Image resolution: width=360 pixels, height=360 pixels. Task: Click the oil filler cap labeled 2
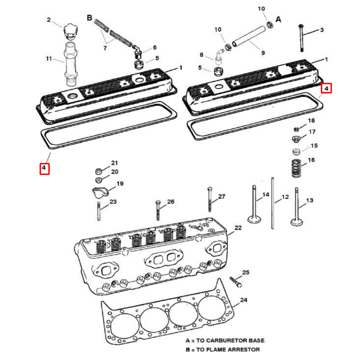click(70, 31)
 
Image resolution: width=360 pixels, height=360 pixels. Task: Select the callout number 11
click(49, 58)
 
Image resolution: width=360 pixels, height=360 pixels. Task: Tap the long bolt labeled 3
click(301, 38)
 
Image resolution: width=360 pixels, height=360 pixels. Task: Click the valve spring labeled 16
click(296, 168)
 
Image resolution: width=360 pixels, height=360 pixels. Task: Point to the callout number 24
click(244, 300)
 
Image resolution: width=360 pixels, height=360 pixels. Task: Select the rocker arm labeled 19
click(100, 192)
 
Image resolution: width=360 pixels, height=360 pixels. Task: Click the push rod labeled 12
click(273, 203)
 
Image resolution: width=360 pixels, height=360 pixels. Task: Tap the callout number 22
click(238, 227)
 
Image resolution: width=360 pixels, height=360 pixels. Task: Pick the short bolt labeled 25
click(236, 282)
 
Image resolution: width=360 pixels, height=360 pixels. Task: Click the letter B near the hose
click(90, 17)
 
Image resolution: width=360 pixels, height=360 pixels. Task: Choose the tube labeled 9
click(249, 36)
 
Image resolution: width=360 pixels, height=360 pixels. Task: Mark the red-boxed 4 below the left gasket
click(45, 169)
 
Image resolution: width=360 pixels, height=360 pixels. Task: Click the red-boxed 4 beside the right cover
click(326, 88)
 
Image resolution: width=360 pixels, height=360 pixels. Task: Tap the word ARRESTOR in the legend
click(245, 350)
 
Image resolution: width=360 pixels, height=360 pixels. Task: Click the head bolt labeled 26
click(158, 210)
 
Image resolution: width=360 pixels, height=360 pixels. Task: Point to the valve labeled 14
click(254, 204)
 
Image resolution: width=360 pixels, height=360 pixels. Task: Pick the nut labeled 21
click(99, 171)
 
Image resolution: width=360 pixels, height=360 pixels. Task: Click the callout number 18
click(311, 121)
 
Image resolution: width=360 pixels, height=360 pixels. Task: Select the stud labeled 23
click(99, 211)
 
